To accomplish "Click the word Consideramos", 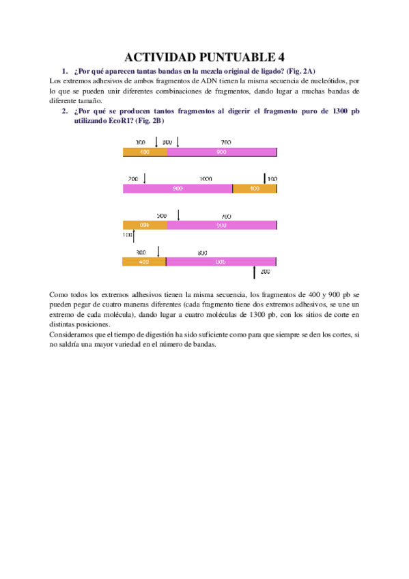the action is pos(72,335).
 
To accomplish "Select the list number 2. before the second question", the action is pos(64,111).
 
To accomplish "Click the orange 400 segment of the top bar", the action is pos(145,152).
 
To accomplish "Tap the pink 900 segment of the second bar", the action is pos(178,188).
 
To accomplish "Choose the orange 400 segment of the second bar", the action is pos(255,188).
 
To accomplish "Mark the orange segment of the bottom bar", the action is pos(143,262).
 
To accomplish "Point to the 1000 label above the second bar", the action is pos(206,179).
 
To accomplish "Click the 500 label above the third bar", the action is pos(162,216).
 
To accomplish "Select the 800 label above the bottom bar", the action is pos(202,253).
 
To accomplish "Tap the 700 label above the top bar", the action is pos(226,143).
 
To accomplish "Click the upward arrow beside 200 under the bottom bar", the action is pos(254,272).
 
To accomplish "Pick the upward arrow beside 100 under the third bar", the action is pos(135,236).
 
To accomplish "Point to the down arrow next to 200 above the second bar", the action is pos(145,178).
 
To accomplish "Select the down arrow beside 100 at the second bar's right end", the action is pos(265,178).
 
